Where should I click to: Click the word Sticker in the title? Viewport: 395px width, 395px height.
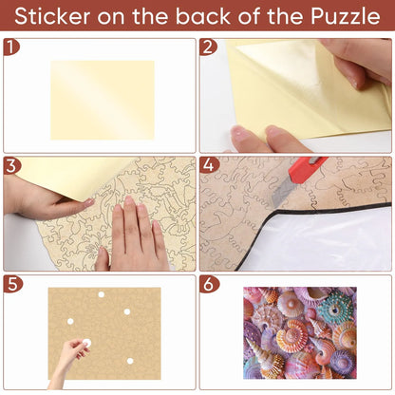pyautogui.click(x=52, y=16)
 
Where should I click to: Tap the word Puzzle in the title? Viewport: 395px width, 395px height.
pyautogui.click(x=346, y=16)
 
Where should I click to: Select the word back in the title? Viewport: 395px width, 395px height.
pyautogui.click(x=203, y=16)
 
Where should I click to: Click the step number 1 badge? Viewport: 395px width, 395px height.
pyautogui.click(x=10, y=47)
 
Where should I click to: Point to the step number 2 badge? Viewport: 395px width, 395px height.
pyautogui.click(x=208, y=47)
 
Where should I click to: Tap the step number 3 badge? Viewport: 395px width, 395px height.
pyautogui.click(x=11, y=165)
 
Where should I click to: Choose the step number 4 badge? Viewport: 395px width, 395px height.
pyautogui.click(x=209, y=165)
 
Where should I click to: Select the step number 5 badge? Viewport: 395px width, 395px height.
pyautogui.click(x=12, y=284)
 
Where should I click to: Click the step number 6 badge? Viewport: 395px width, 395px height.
pyautogui.click(x=209, y=284)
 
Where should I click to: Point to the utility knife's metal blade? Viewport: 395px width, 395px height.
pyautogui.click(x=282, y=194)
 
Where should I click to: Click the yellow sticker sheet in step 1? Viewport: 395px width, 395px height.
pyautogui.click(x=103, y=101)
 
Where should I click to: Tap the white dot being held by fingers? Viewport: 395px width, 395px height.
pyautogui.click(x=86, y=343)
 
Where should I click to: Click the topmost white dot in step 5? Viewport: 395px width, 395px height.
pyautogui.click(x=102, y=294)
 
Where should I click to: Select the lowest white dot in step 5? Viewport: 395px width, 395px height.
pyautogui.click(x=130, y=361)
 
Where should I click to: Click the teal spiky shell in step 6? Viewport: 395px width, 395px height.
pyautogui.click(x=335, y=309)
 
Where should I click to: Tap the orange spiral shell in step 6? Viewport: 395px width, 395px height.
pyautogui.click(x=292, y=336)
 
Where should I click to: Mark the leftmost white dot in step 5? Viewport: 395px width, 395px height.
pyautogui.click(x=70, y=322)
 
